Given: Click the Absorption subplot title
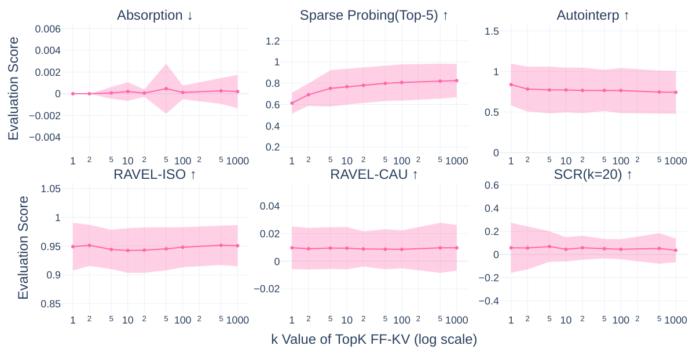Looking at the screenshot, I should [x=155, y=16].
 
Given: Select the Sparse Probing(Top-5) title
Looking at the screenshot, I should [x=374, y=16].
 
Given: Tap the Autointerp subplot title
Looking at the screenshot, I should [x=593, y=16].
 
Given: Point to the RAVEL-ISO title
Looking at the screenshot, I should [x=155, y=174].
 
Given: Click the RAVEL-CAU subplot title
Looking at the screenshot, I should [x=374, y=174].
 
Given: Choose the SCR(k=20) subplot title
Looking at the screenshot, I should [x=593, y=174].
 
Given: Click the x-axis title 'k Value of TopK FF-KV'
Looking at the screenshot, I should [x=374, y=340].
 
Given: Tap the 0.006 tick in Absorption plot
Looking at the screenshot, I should [x=47, y=29].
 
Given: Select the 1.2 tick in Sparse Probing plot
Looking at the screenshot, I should [x=273, y=41].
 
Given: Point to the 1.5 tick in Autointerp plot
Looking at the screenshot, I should [x=491, y=31].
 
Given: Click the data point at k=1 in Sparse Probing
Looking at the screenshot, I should [x=292, y=103].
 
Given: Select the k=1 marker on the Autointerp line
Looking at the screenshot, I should [x=511, y=85].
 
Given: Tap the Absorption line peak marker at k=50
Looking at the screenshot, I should [x=166, y=89].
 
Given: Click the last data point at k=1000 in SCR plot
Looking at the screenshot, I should [x=675, y=251].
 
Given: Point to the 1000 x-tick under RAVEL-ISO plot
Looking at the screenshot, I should [x=237, y=320].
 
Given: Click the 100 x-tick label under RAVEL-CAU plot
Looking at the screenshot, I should [x=402, y=320].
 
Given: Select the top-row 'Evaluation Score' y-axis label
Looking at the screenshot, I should [x=13, y=88].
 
